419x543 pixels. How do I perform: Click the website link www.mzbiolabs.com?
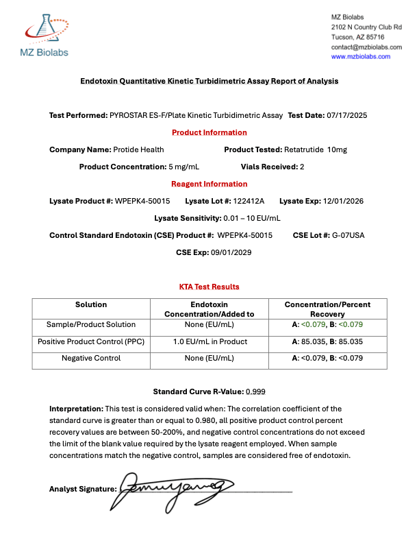[x=361, y=57]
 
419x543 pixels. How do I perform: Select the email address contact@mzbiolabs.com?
[x=366, y=47]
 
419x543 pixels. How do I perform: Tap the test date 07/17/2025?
[x=347, y=115]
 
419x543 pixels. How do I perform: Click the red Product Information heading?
[x=209, y=132]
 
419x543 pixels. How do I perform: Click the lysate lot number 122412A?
[x=250, y=201]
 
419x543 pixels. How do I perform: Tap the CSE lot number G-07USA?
[x=348, y=235]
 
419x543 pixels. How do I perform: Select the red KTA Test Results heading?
[x=209, y=287]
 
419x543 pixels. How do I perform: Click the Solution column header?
[x=91, y=304]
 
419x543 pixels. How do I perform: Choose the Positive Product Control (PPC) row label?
[x=91, y=341]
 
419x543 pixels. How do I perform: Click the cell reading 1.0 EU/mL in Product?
[x=209, y=341]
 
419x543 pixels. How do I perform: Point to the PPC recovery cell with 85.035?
[x=327, y=341]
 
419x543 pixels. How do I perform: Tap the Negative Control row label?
[x=91, y=358]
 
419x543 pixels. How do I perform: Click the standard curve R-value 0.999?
[x=255, y=391]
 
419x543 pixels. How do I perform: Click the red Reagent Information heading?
[x=209, y=184]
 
